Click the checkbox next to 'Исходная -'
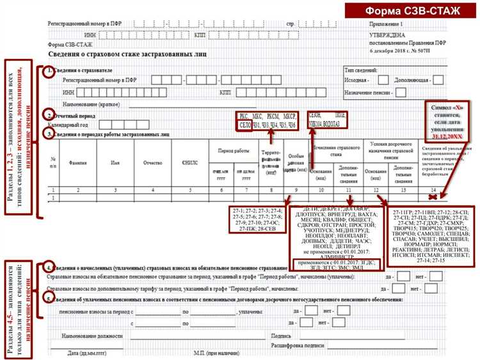[383, 81]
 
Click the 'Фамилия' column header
[78, 162]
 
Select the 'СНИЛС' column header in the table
[190, 162]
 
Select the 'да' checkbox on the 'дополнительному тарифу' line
[403, 288]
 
